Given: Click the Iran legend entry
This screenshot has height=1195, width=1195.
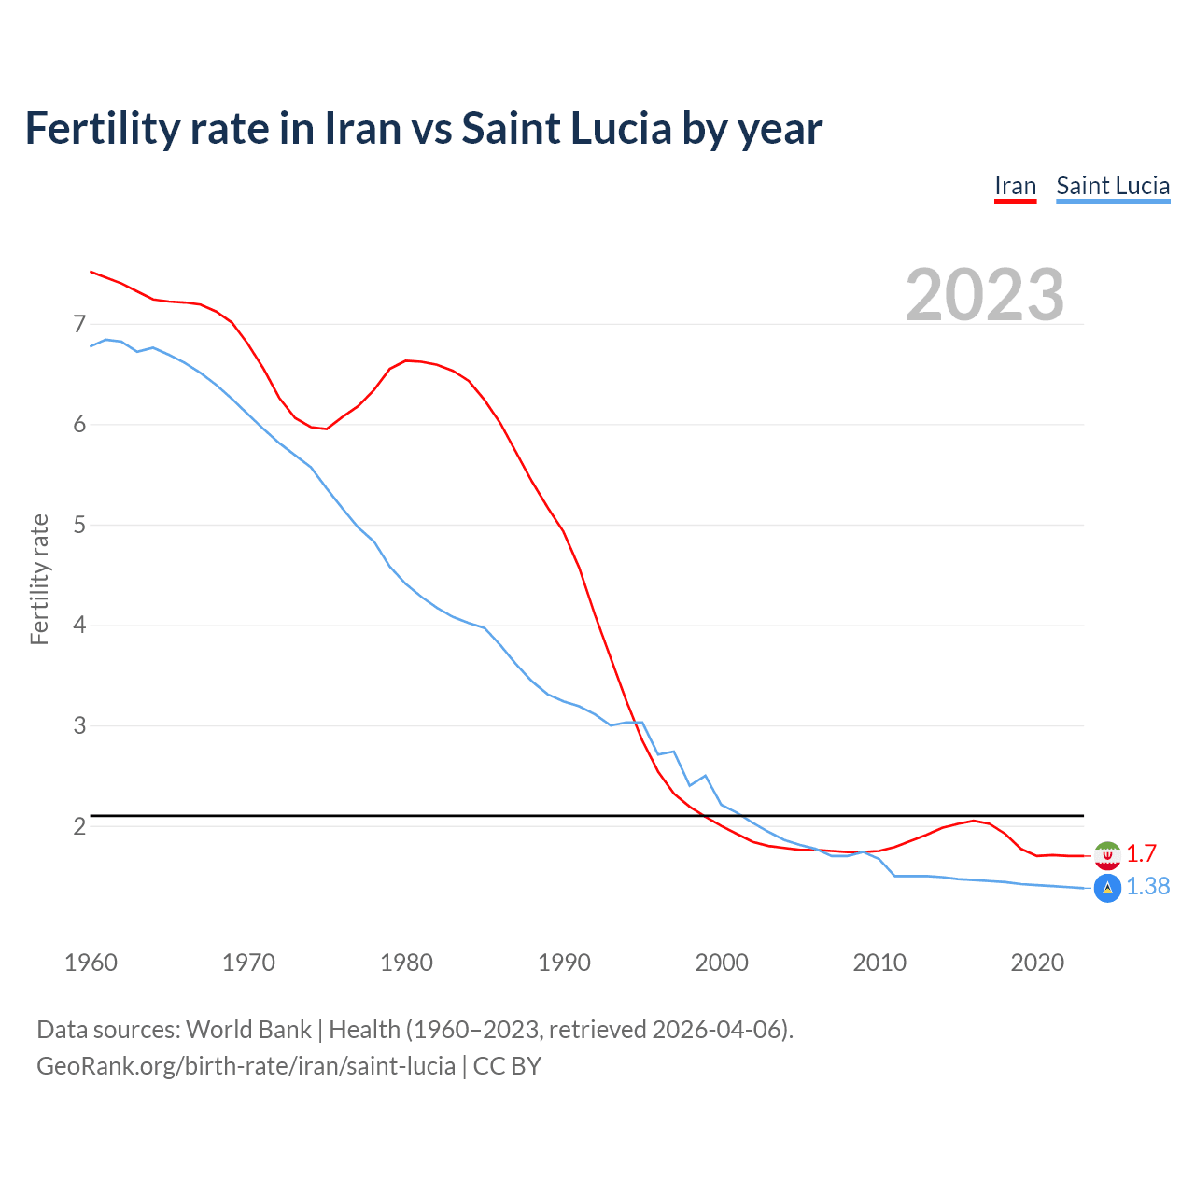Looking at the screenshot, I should coord(1015,186).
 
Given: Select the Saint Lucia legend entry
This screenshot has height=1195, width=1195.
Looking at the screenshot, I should coord(1112,186).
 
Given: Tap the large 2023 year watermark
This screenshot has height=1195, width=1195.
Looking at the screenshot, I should coord(984,295).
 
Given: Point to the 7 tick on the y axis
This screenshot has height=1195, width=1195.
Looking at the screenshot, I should coord(79,324).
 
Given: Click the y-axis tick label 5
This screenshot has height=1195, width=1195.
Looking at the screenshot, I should coord(79,525).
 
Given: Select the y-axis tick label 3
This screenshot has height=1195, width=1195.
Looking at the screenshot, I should coord(79,725).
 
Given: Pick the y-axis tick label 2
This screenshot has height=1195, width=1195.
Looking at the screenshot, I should coord(79,826).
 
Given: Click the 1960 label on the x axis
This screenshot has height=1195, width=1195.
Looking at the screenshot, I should coord(91,963).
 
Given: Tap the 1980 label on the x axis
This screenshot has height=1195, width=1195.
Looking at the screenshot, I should coord(406,963).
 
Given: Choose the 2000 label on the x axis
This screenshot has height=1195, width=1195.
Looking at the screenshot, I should coord(722,963).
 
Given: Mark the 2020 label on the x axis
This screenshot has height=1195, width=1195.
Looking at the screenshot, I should coord(1037,963).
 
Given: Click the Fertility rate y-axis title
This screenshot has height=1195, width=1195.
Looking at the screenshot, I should coord(39,579).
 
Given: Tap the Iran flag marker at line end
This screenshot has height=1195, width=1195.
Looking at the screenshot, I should coord(1107,855).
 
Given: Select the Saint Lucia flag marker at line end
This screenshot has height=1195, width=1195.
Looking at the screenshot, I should coord(1107,888).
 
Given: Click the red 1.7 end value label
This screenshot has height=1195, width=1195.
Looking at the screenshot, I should coord(1141,853).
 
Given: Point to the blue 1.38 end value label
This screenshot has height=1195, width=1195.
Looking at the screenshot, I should coord(1147,886).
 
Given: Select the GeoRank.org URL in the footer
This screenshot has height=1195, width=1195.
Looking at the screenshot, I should coord(246,1065).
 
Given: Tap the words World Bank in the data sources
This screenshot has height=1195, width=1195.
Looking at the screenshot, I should coord(248,1029).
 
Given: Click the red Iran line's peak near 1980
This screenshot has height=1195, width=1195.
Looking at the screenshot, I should coord(406,360).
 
